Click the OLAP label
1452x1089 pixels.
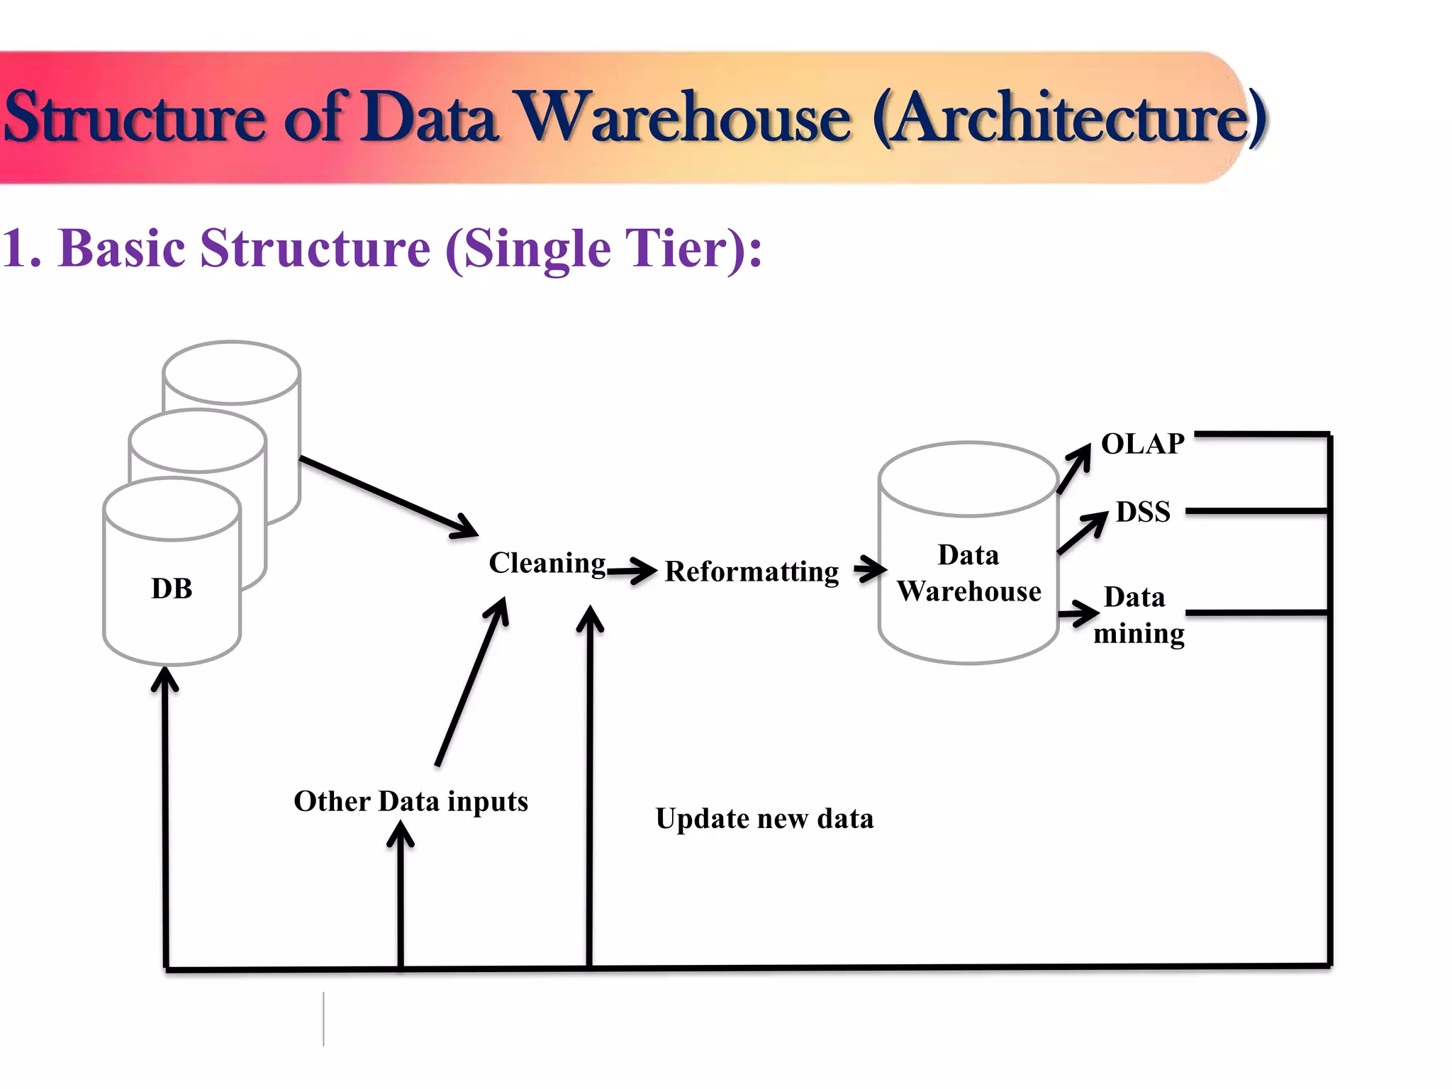pyautogui.click(x=1142, y=444)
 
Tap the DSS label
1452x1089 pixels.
pyautogui.click(x=1142, y=512)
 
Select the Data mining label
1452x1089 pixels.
pyautogui.click(x=1137, y=615)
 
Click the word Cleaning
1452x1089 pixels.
pyautogui.click(x=547, y=563)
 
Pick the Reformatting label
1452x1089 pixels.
pyautogui.click(x=752, y=571)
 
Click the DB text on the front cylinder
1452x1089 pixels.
pyautogui.click(x=172, y=588)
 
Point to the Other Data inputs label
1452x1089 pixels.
pyautogui.click(x=411, y=801)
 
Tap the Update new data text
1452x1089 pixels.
pyautogui.click(x=764, y=819)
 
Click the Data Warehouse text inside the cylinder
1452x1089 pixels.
pyautogui.click(x=968, y=573)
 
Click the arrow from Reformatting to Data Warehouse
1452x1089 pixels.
pyautogui.click(x=870, y=569)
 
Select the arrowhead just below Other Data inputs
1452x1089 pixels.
pyautogui.click(x=401, y=833)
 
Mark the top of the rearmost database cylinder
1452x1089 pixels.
pyautogui.click(x=231, y=372)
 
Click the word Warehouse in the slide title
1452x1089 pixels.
pyautogui.click(x=683, y=118)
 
